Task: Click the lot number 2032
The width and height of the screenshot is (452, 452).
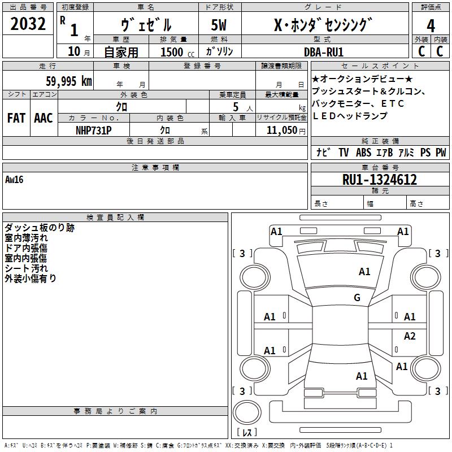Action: click(x=28, y=24)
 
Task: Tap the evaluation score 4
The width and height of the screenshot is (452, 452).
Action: click(x=431, y=25)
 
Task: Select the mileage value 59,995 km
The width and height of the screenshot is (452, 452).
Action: click(x=68, y=81)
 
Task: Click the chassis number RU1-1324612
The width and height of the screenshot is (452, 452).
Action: click(x=380, y=180)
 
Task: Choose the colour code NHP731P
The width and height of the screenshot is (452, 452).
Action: click(x=94, y=130)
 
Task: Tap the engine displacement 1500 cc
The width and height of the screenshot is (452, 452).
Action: click(x=176, y=52)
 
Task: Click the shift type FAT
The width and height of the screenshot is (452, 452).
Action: click(x=16, y=118)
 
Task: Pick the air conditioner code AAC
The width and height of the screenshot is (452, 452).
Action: click(x=44, y=118)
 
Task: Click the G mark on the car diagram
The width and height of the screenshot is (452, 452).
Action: click(x=357, y=298)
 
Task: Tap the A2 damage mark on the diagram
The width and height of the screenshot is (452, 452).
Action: click(x=410, y=336)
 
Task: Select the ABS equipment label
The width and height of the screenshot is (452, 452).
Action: click(x=363, y=153)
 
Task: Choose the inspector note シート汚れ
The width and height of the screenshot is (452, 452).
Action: click(x=27, y=268)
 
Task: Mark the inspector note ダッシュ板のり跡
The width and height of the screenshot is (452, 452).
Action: click(x=40, y=228)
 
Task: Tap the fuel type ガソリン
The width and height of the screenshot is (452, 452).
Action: click(x=220, y=51)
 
